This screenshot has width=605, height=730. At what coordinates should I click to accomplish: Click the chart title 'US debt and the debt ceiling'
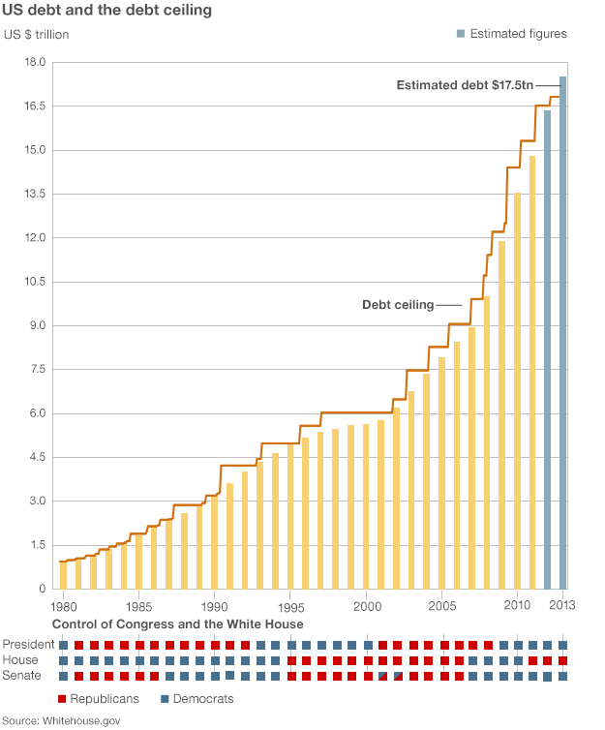pyautogui.click(x=108, y=12)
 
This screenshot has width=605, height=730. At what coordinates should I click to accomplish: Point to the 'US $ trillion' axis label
pyautogui.click(x=37, y=35)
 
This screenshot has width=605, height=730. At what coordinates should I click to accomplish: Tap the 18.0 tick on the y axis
pyautogui.click(x=35, y=62)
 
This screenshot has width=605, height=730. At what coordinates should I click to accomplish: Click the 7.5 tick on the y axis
pyautogui.click(x=35, y=369)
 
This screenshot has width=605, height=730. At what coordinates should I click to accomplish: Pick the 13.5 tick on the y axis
pyautogui.click(x=35, y=194)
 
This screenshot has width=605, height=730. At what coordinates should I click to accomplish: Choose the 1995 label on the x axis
pyautogui.click(x=290, y=605)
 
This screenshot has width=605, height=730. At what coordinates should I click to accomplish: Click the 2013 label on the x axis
pyautogui.click(x=563, y=605)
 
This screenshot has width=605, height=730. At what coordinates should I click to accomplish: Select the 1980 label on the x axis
pyautogui.click(x=64, y=605)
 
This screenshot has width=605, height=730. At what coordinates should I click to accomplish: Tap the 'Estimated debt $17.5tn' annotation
pyautogui.click(x=465, y=85)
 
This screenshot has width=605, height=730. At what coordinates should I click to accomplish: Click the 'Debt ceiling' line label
pyautogui.click(x=398, y=305)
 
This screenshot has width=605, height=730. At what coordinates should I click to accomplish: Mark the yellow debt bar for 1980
pyautogui.click(x=64, y=575)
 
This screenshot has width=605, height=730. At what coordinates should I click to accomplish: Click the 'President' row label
pyautogui.click(x=28, y=645)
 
